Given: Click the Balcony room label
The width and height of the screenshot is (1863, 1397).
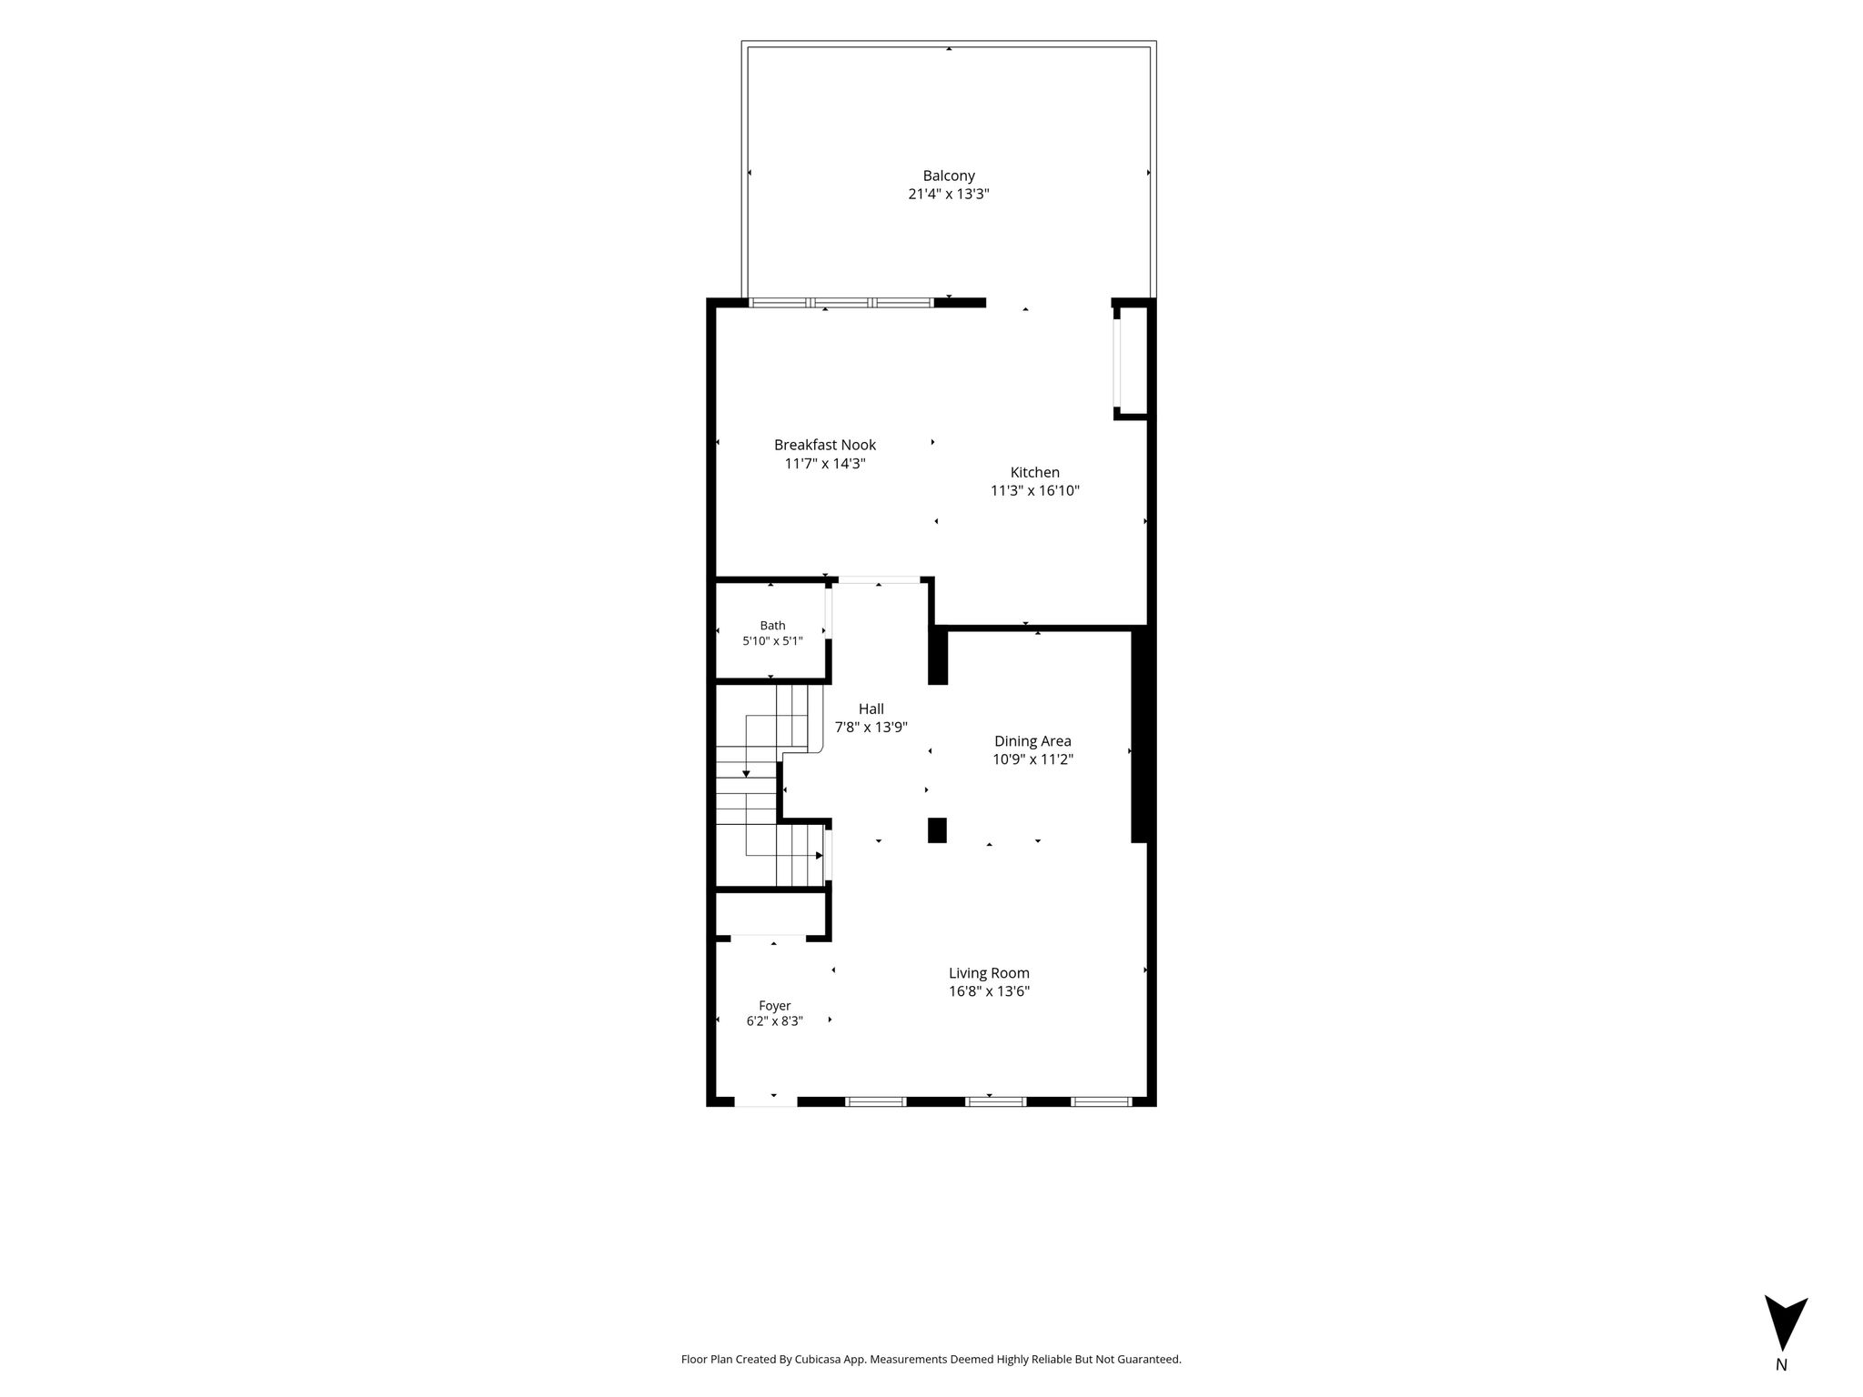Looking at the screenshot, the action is click(949, 176).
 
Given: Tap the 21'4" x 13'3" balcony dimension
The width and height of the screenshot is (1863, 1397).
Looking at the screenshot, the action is click(949, 194).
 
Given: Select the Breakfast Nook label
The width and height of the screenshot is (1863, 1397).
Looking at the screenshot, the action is click(825, 445).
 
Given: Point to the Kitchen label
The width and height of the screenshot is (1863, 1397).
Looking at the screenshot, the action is click(1035, 472).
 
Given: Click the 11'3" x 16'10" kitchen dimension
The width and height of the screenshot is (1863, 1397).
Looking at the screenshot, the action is click(1035, 490).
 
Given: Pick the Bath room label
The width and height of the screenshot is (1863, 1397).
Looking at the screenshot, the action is click(772, 626).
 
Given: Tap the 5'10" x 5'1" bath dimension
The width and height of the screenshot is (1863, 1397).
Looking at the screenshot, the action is click(772, 640).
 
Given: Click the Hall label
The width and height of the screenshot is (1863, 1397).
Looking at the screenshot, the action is click(871, 709).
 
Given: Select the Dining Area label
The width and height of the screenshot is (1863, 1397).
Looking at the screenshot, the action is click(1032, 741).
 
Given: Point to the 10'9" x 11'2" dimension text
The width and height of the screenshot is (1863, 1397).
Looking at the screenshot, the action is click(1032, 759).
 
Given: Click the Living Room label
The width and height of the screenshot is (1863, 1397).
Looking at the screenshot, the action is click(989, 973).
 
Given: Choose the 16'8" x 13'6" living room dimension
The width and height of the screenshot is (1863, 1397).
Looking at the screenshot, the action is click(989, 991).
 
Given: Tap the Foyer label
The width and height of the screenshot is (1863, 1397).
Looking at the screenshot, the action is click(775, 1006).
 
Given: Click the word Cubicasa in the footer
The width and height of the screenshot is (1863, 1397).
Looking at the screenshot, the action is click(818, 1360).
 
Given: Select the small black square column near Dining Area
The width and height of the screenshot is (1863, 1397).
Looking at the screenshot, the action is click(937, 830).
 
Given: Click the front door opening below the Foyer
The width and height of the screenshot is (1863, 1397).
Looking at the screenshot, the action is click(766, 1101).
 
